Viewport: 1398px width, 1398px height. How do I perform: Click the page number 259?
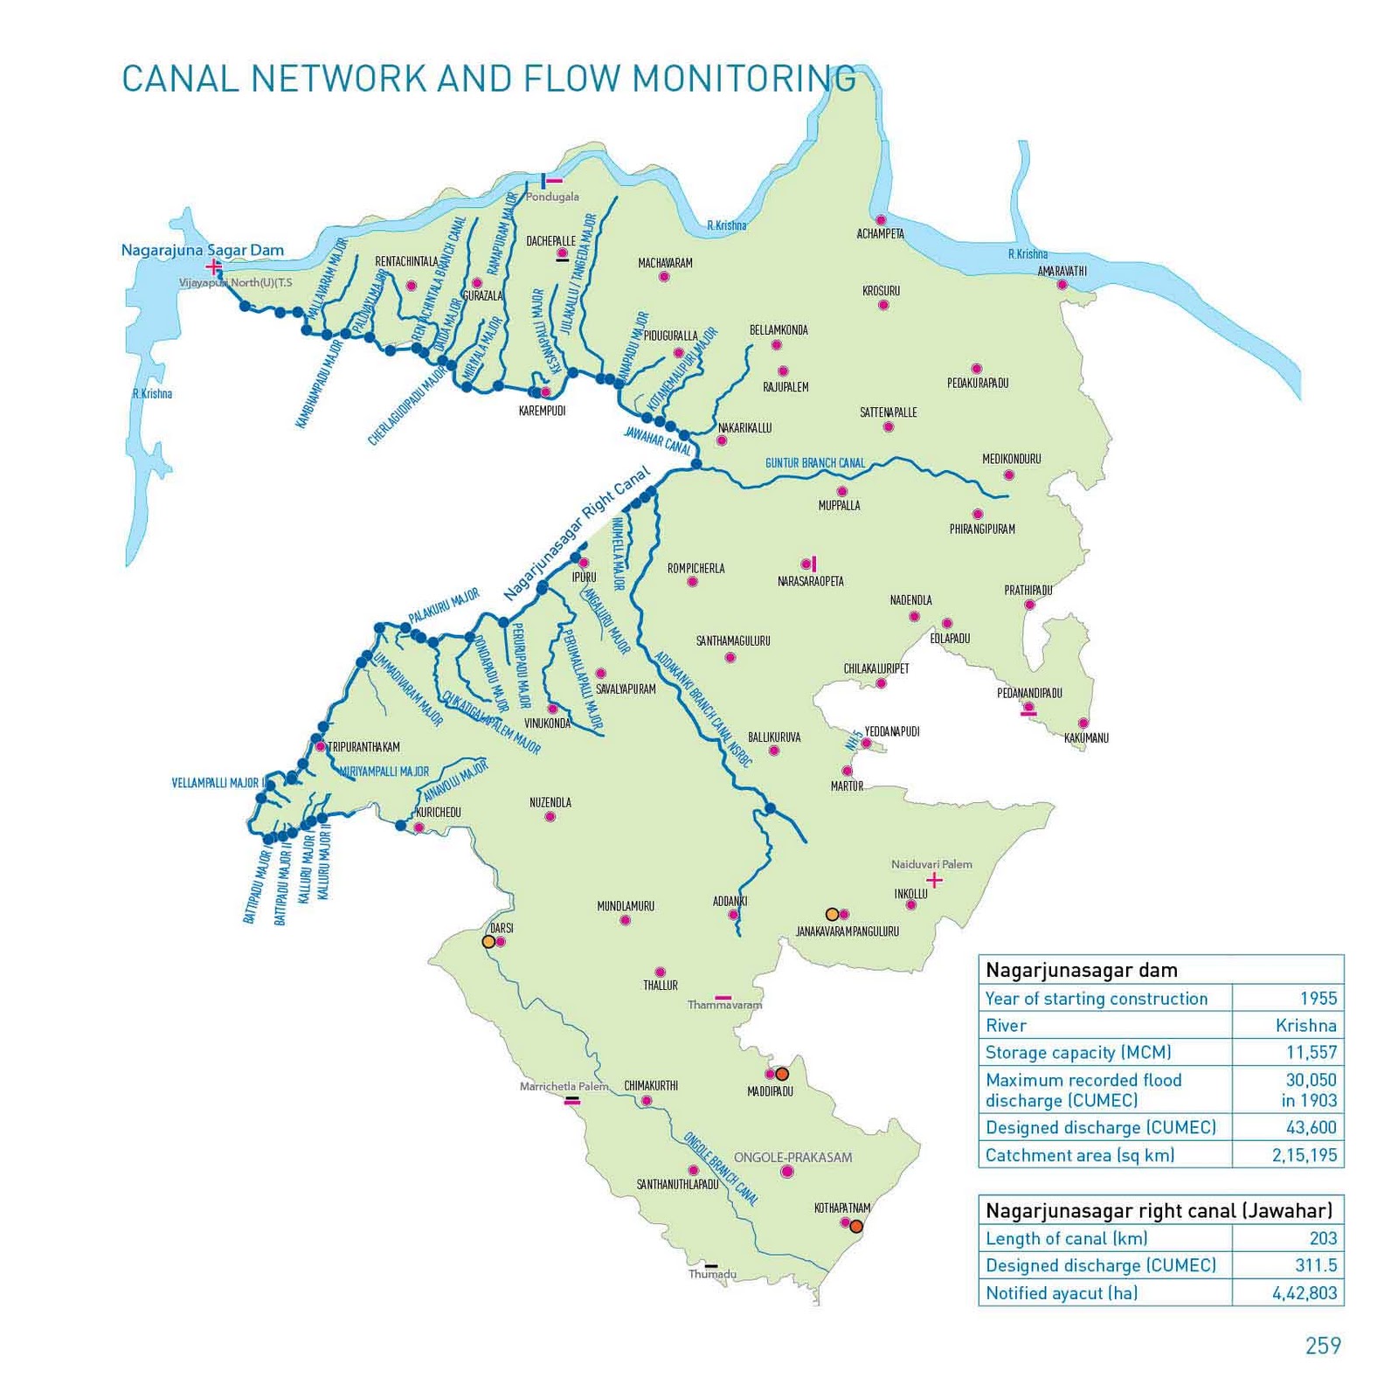click(1322, 1346)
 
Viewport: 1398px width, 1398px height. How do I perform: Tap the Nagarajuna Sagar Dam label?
click(202, 250)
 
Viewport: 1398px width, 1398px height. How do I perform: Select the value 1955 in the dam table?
click(1318, 998)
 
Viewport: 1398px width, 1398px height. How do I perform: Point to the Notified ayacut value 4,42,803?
click(1304, 1292)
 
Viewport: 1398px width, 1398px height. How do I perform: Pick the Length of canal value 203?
click(1323, 1237)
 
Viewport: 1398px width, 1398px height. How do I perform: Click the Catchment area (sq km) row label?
click(1079, 1155)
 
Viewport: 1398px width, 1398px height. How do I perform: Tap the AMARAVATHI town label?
click(1062, 271)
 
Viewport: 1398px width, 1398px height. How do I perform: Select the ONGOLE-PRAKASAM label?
click(792, 1157)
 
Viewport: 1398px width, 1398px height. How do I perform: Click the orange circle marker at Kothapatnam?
click(856, 1227)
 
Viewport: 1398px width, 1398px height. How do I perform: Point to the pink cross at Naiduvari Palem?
click(934, 880)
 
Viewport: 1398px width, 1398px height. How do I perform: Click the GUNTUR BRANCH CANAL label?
click(814, 463)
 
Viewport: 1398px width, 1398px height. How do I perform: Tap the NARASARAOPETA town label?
click(810, 581)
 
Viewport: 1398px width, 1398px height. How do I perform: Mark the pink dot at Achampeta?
click(881, 220)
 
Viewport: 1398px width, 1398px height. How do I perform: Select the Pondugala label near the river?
click(551, 197)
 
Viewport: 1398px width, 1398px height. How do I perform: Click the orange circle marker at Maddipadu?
click(782, 1074)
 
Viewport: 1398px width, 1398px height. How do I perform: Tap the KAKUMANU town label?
click(1086, 738)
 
